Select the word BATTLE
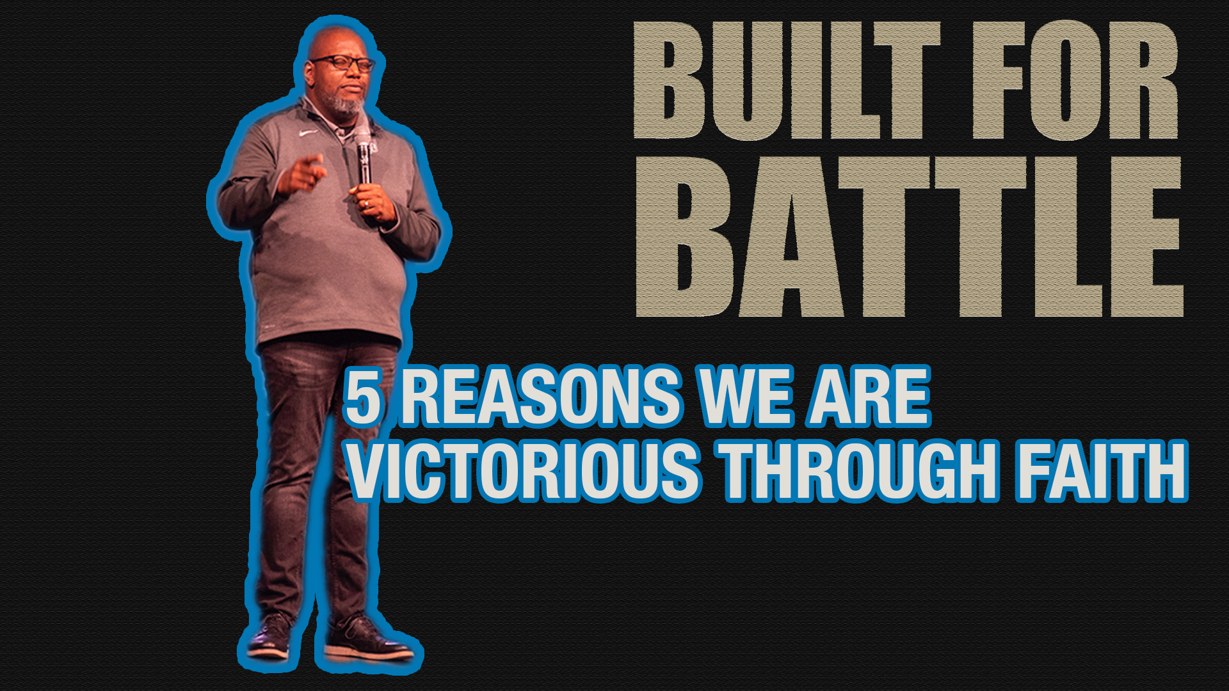(909, 237)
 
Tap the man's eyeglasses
(342, 63)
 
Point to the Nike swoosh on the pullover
(308, 134)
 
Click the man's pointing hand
(301, 174)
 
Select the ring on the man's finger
(365, 204)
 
